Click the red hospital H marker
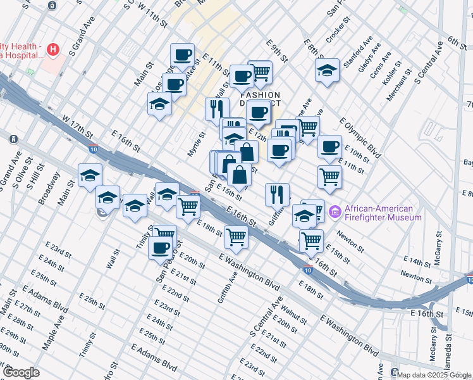tap(54, 49)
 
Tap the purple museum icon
tap(335, 212)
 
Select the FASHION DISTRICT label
tap(260, 101)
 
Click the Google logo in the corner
tap(21, 372)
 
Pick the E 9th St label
tap(277, 51)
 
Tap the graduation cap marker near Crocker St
tap(327, 70)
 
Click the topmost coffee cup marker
tap(182, 55)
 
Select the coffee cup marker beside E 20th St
tap(161, 246)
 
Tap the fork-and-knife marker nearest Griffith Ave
tap(277, 194)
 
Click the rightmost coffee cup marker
tap(329, 147)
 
